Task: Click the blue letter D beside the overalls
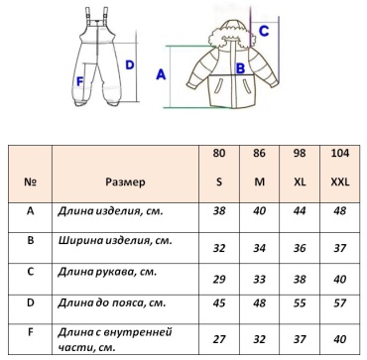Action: pyautogui.click(x=130, y=65)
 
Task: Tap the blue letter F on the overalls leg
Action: pyautogui.click(x=79, y=81)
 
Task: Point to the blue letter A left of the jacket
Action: pyautogui.click(x=161, y=75)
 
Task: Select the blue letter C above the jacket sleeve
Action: pyautogui.click(x=264, y=31)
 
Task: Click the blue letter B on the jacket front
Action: pyautogui.click(x=240, y=68)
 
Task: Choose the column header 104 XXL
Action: pyautogui.click(x=340, y=168)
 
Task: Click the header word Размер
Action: pyautogui.click(x=125, y=181)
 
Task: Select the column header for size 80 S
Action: pyautogui.click(x=219, y=168)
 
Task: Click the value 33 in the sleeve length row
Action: pyautogui.click(x=259, y=280)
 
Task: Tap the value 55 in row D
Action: pyautogui.click(x=300, y=303)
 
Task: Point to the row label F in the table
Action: pyautogui.click(x=30, y=332)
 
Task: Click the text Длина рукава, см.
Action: pyautogui.click(x=107, y=273)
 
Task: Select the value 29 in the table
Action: pyautogui.click(x=219, y=280)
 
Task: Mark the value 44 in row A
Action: pyautogui.click(x=300, y=210)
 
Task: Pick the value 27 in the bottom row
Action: pyautogui.click(x=219, y=339)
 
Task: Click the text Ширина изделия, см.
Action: pyautogui.click(x=115, y=241)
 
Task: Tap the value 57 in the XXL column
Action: pyautogui.click(x=340, y=303)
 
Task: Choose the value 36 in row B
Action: pyautogui.click(x=300, y=248)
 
